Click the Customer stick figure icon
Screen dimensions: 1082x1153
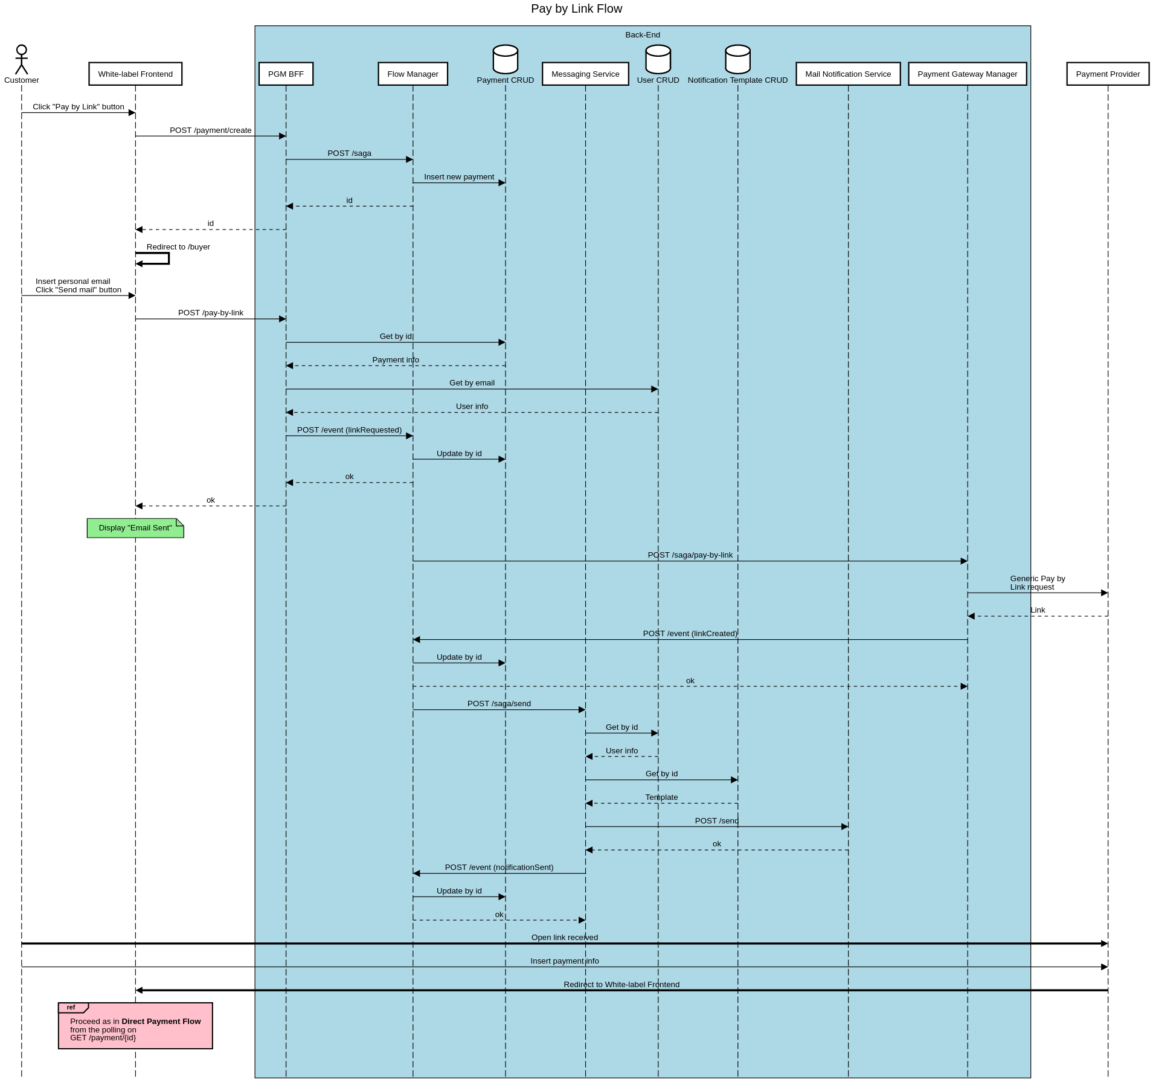(x=21, y=59)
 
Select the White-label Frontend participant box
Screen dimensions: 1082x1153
(x=135, y=74)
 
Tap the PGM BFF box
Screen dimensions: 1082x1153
(x=286, y=74)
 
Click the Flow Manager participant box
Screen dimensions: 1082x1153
(x=413, y=74)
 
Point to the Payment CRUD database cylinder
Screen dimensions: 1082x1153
(x=505, y=59)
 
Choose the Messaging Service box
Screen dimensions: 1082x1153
(x=585, y=74)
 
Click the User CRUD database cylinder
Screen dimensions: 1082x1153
(x=658, y=59)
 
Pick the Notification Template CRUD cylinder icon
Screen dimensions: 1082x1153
(x=737, y=59)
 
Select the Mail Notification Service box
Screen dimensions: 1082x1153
(x=847, y=74)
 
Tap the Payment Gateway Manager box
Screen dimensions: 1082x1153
(x=967, y=74)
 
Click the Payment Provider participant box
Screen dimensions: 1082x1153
(x=1107, y=74)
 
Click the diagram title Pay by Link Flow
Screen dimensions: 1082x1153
(x=576, y=8)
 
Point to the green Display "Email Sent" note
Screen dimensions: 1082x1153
(x=135, y=528)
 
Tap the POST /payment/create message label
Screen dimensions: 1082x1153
(x=210, y=130)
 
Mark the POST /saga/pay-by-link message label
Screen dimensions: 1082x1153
(x=690, y=555)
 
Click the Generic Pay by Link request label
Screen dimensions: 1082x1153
(x=1037, y=582)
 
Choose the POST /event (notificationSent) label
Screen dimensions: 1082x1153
(x=499, y=867)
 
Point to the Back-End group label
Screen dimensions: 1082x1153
(x=642, y=34)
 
